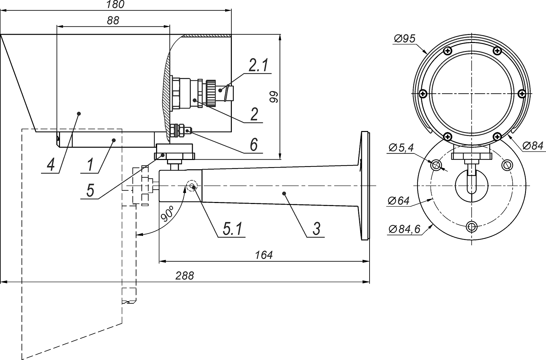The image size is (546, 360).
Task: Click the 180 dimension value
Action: [115, 4]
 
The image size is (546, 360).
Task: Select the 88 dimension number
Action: [113, 21]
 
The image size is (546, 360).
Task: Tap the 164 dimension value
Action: [264, 255]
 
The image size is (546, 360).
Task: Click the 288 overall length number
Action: [185, 276]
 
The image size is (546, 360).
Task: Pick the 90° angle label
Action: [167, 214]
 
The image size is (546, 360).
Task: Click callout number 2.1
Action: [258, 66]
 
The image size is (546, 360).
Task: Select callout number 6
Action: [254, 145]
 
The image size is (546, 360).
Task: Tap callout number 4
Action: [51, 165]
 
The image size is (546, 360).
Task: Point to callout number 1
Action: [90, 165]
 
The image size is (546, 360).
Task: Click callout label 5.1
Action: [232, 229]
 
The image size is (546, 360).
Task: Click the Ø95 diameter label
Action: [404, 39]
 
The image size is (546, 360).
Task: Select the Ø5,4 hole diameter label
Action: [401, 147]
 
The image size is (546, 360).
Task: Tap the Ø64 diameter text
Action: [399, 201]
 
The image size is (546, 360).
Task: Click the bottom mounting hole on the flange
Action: [472, 227]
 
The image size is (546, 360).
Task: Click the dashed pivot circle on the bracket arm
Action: [192, 186]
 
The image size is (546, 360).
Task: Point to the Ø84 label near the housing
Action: [533, 145]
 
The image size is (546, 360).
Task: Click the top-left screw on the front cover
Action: [448, 51]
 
